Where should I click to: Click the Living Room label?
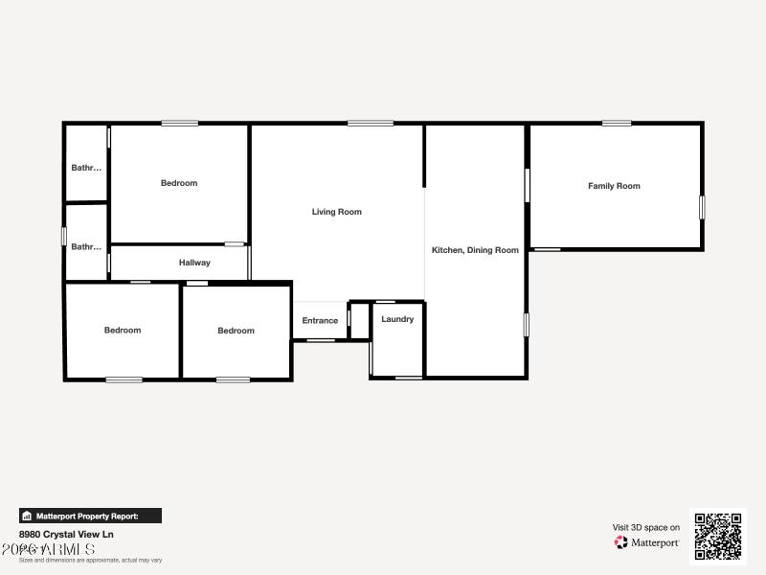[337, 212]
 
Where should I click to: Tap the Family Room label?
[614, 186]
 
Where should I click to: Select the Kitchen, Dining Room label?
[475, 250]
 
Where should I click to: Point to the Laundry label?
[397, 319]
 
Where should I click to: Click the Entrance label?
[320, 321]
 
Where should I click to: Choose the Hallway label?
[194, 263]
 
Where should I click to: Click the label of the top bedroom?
[179, 183]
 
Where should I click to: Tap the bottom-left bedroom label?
[123, 331]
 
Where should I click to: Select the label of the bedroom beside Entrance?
[236, 331]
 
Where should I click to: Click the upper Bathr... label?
[86, 168]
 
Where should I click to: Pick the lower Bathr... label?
[86, 246]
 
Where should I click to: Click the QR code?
[718, 536]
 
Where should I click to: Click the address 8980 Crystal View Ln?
[66, 535]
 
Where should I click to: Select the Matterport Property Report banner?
[90, 516]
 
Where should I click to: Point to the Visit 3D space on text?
[646, 527]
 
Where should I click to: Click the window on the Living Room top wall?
[370, 123]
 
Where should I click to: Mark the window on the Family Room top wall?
[617, 123]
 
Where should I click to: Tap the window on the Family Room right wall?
[702, 207]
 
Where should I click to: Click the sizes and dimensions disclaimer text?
[90, 560]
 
